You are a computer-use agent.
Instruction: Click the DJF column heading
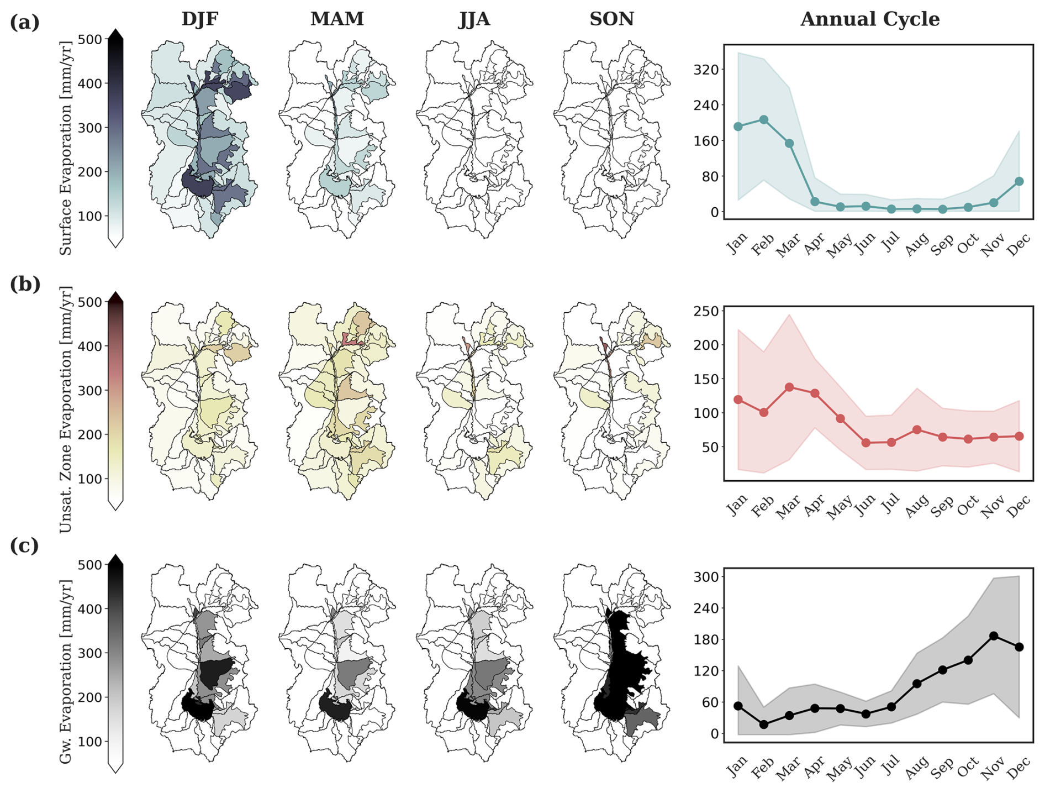click(x=199, y=19)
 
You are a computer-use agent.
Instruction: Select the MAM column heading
click(x=337, y=19)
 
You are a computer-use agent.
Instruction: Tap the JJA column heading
click(x=474, y=19)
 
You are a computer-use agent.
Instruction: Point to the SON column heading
click(x=611, y=19)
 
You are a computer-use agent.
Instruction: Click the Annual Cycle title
click(x=869, y=19)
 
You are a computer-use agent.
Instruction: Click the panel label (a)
click(x=25, y=23)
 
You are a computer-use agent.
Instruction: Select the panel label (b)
click(x=25, y=284)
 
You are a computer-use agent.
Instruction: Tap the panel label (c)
click(x=25, y=546)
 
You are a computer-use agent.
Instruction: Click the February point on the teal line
click(x=764, y=119)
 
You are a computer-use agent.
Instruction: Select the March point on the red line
click(x=789, y=387)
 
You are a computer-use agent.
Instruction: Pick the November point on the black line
click(x=994, y=636)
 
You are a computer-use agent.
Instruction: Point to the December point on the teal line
click(x=1019, y=181)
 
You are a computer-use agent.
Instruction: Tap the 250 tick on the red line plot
click(x=706, y=311)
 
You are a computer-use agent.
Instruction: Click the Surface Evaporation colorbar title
click(x=66, y=148)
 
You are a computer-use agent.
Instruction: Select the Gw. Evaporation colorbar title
click(x=66, y=671)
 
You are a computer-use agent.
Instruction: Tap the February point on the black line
click(x=764, y=724)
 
